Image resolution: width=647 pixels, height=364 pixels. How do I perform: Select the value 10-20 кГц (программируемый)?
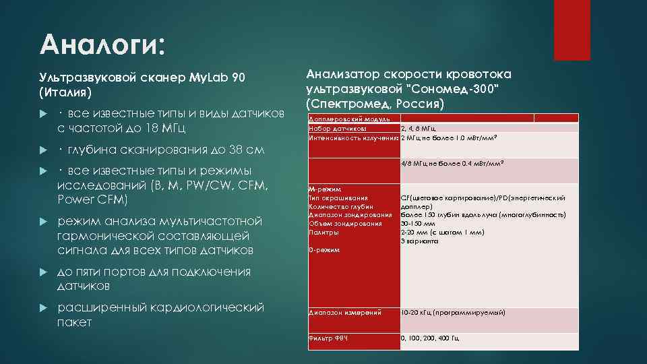(x=453, y=313)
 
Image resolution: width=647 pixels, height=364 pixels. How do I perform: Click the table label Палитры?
(x=323, y=232)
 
